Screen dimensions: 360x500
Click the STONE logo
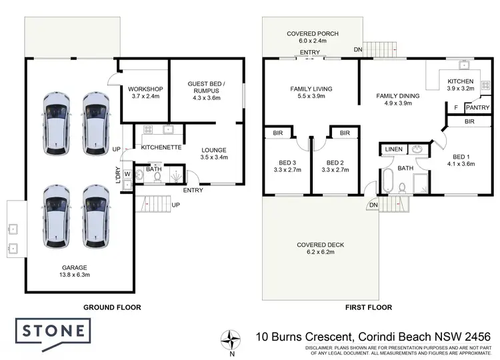51,331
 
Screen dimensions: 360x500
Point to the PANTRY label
477,107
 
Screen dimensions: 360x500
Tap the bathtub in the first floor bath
387,181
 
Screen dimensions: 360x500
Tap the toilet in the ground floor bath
137,177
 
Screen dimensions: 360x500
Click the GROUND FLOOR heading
112,307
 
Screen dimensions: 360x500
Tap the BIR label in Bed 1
469,122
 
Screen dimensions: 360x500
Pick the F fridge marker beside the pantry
455,107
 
